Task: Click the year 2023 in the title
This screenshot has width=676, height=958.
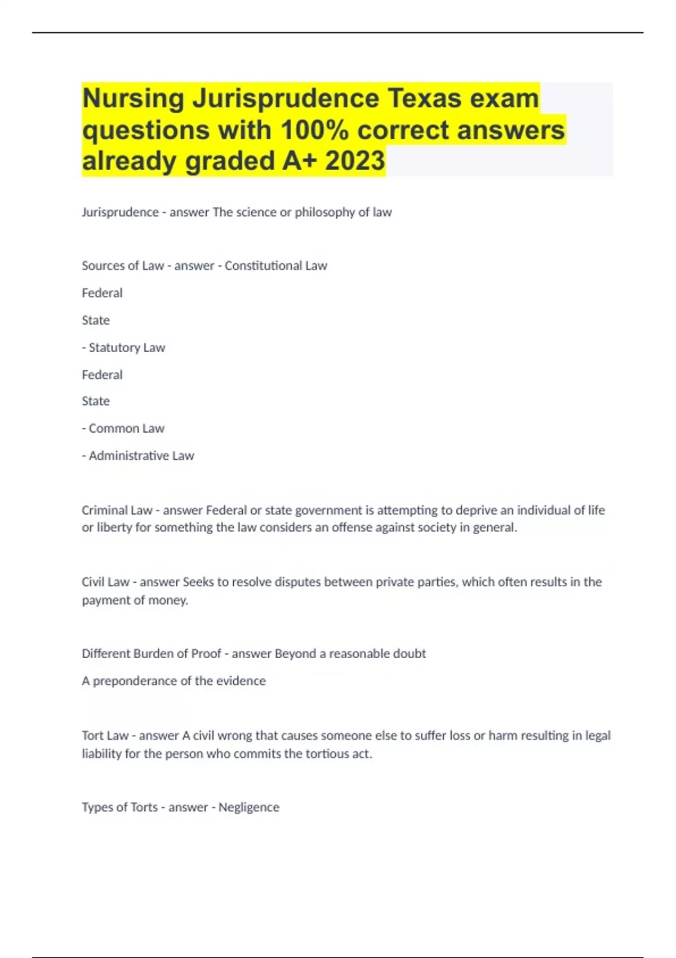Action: [355, 161]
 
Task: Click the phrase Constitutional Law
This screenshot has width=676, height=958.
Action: [275, 265]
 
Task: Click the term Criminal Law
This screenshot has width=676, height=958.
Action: [117, 511]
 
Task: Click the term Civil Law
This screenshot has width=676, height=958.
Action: [105, 582]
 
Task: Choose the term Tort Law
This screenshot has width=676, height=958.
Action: [105, 736]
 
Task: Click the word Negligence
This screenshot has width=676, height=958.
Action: [248, 808]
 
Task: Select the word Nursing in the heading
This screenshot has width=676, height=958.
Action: [134, 99]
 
